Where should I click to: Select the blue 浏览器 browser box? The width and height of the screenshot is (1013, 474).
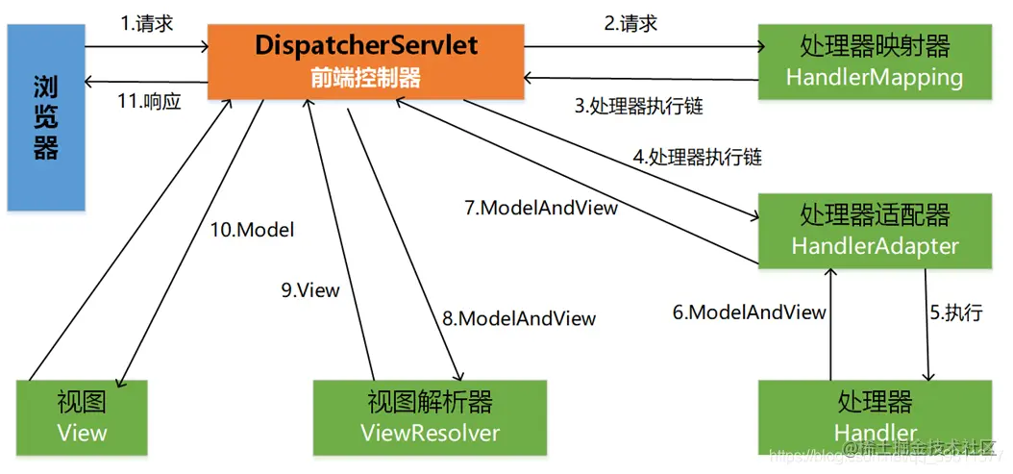tap(45, 117)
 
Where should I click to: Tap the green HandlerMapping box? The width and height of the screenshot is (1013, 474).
tap(874, 61)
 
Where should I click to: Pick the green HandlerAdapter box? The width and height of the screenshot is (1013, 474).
tap(874, 231)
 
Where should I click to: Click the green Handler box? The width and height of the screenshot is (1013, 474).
tap(874, 415)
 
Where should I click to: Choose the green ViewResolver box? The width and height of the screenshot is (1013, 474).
tap(430, 416)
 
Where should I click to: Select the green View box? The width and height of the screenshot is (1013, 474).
tap(83, 416)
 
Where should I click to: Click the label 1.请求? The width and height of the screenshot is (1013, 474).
tap(147, 24)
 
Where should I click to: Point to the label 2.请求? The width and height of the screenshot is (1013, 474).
tap(630, 24)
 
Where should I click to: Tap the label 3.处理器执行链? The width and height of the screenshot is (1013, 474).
tap(639, 106)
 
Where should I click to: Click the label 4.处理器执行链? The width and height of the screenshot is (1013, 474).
tap(698, 156)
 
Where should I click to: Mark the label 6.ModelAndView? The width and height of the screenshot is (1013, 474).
tap(749, 312)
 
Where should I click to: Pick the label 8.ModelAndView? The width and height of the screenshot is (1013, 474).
tap(519, 318)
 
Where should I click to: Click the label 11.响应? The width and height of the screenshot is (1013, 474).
tap(149, 100)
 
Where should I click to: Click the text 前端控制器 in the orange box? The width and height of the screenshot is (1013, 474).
tap(366, 78)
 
